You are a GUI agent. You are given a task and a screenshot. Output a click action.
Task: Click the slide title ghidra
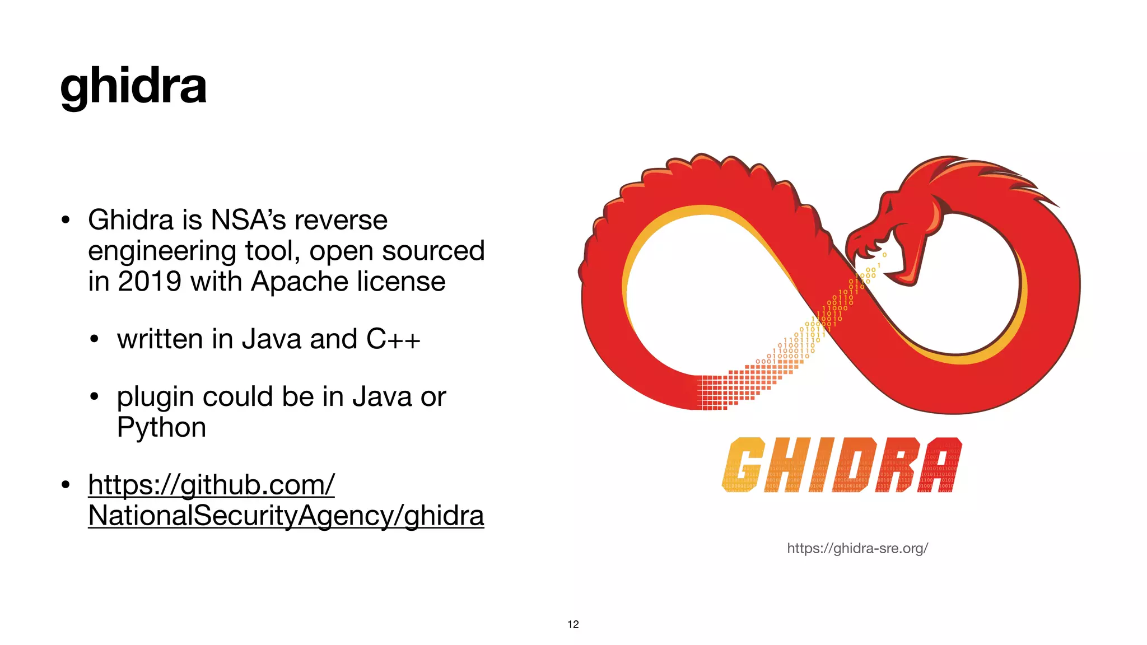133,87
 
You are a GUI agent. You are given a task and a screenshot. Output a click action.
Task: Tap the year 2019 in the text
149,281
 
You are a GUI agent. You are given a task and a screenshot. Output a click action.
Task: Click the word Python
161,428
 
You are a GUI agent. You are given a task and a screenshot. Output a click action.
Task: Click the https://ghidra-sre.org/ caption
857,548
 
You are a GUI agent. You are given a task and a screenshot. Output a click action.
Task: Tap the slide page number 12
573,624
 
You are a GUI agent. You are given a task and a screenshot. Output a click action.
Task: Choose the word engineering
162,251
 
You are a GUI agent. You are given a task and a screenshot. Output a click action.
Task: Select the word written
160,339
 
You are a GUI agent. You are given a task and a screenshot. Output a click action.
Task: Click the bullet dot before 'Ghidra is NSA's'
66,219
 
